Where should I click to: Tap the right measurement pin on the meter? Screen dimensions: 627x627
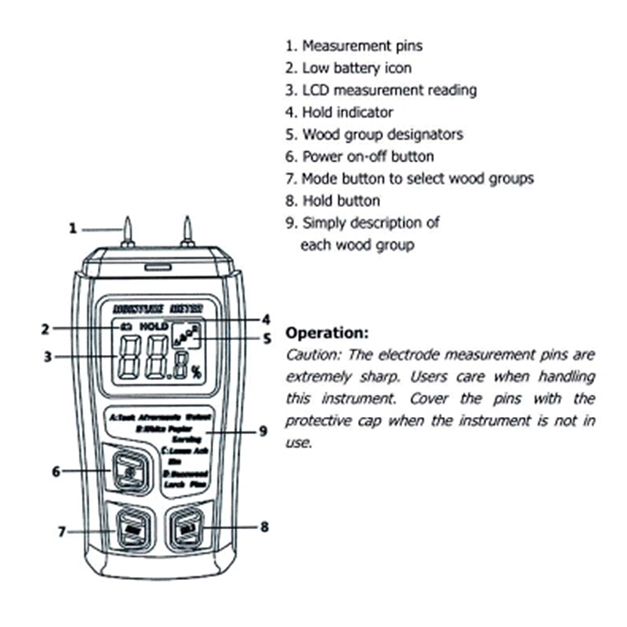(x=187, y=232)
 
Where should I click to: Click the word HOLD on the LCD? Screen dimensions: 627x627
(x=154, y=324)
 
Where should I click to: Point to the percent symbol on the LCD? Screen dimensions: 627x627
(x=196, y=372)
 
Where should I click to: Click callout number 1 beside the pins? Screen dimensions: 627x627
(x=73, y=229)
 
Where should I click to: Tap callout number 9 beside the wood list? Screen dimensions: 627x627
(x=263, y=431)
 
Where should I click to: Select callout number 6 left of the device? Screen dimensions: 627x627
(x=56, y=471)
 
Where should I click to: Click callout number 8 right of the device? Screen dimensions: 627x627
(x=264, y=527)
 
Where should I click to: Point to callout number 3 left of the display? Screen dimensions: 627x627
(x=47, y=357)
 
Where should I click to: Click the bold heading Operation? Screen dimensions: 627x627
(x=327, y=332)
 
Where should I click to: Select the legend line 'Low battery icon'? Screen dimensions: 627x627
(x=357, y=68)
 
